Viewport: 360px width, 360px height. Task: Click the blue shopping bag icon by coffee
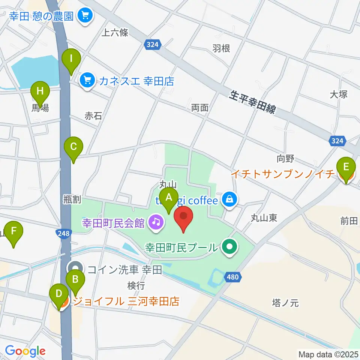[228, 199]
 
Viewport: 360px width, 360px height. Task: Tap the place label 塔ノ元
[285, 303]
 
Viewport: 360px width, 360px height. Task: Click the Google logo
[25, 351]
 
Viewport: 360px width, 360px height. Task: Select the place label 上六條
[115, 33]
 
